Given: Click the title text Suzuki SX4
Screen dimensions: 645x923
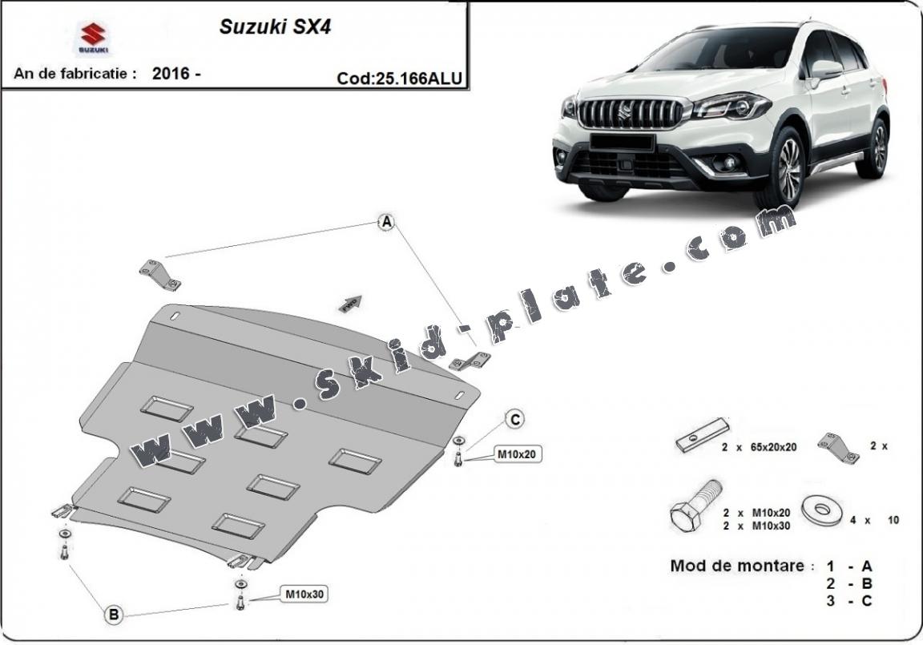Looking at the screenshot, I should click(x=275, y=26).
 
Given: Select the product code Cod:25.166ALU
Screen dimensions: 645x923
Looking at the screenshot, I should click(x=400, y=79).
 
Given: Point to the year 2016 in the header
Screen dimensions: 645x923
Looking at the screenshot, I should click(x=171, y=74).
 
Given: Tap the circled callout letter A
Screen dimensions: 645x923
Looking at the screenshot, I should click(x=386, y=223).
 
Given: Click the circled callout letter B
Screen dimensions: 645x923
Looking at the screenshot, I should click(x=114, y=615).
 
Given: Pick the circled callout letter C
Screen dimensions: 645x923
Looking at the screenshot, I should click(x=515, y=418).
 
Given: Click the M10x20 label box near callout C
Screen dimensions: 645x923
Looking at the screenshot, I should click(x=516, y=454).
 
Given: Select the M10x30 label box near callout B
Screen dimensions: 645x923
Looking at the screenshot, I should click(x=304, y=595).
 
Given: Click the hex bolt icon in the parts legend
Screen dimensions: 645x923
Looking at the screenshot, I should click(x=695, y=505).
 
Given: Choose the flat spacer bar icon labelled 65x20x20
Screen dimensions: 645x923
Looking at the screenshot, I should click(x=702, y=437).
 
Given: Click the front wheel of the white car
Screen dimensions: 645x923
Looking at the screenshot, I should click(x=785, y=169).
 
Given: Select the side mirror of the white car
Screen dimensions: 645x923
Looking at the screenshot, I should click(x=825, y=70).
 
